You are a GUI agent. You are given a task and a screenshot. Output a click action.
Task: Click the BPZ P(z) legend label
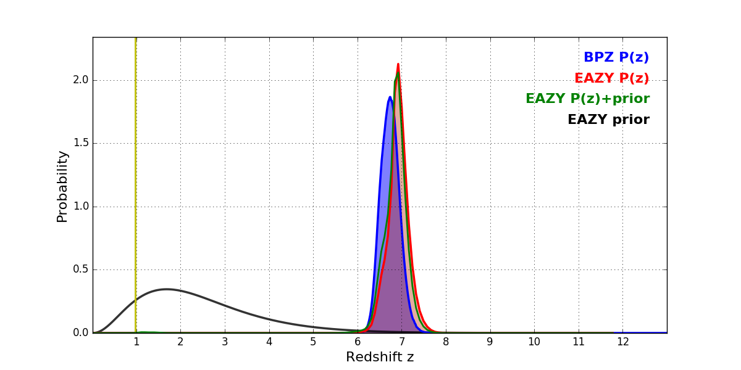(x=616, y=57)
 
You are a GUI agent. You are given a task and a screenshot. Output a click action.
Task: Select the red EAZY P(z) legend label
(x=611, y=78)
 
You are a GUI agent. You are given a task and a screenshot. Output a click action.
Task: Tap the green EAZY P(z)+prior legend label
(x=587, y=99)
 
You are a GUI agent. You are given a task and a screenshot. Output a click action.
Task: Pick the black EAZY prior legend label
(x=608, y=120)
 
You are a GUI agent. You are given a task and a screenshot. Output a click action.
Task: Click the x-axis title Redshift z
(x=380, y=358)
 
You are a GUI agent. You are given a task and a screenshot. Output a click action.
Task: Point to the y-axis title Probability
(x=62, y=186)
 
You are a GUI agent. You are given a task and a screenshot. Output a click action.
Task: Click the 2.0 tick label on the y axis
(x=81, y=80)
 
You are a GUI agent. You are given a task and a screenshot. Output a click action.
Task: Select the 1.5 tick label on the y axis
(x=81, y=143)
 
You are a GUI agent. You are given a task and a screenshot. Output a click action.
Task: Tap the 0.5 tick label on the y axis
(x=81, y=269)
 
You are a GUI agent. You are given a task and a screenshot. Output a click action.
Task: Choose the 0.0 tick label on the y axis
(x=81, y=333)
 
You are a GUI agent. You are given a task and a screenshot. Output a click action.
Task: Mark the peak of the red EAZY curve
(x=398, y=64)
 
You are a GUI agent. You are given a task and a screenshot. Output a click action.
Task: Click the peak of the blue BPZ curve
(x=390, y=97)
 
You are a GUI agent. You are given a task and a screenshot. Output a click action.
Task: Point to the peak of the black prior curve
(x=166, y=289)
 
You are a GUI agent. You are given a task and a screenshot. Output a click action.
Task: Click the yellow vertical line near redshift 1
(x=135, y=185)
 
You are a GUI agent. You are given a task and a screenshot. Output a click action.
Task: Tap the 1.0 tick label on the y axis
(x=81, y=207)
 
